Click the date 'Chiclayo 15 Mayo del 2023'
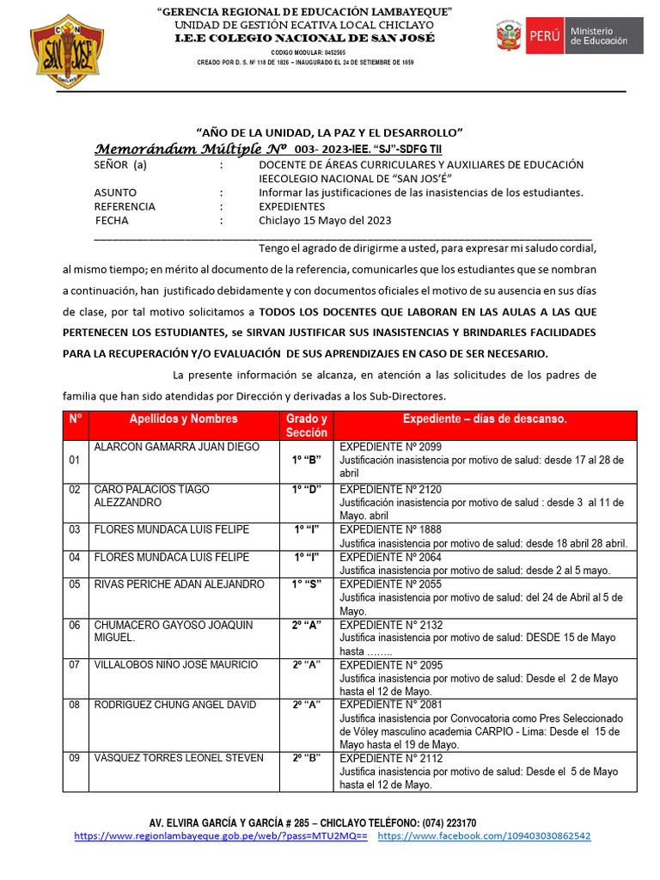point(325,221)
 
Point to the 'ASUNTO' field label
point(115,192)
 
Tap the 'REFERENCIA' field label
point(125,207)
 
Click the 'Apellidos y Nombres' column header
point(183,419)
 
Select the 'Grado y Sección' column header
point(307,425)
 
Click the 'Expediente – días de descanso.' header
point(485,419)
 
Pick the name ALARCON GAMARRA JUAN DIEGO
point(176,448)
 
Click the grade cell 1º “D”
point(307,490)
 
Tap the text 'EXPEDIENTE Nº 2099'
point(390,448)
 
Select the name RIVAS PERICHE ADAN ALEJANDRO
point(179,584)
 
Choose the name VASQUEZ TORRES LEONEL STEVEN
point(179,758)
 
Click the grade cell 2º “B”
point(307,758)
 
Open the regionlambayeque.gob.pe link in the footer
point(221,836)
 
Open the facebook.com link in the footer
point(484,836)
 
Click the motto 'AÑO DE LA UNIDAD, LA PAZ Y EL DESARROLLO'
point(330,131)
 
